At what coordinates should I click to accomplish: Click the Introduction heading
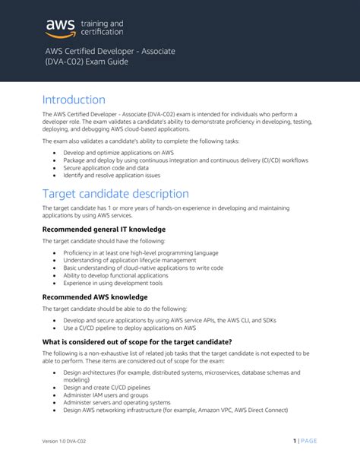74,100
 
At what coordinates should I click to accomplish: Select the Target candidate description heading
115,193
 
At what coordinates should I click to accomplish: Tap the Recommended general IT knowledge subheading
104,229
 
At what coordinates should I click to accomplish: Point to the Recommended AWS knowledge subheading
94,296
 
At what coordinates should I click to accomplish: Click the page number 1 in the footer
294,440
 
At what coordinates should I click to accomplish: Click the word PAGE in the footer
308,440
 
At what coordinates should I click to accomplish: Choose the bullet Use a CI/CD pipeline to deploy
130,328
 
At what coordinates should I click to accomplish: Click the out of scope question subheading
137,342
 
